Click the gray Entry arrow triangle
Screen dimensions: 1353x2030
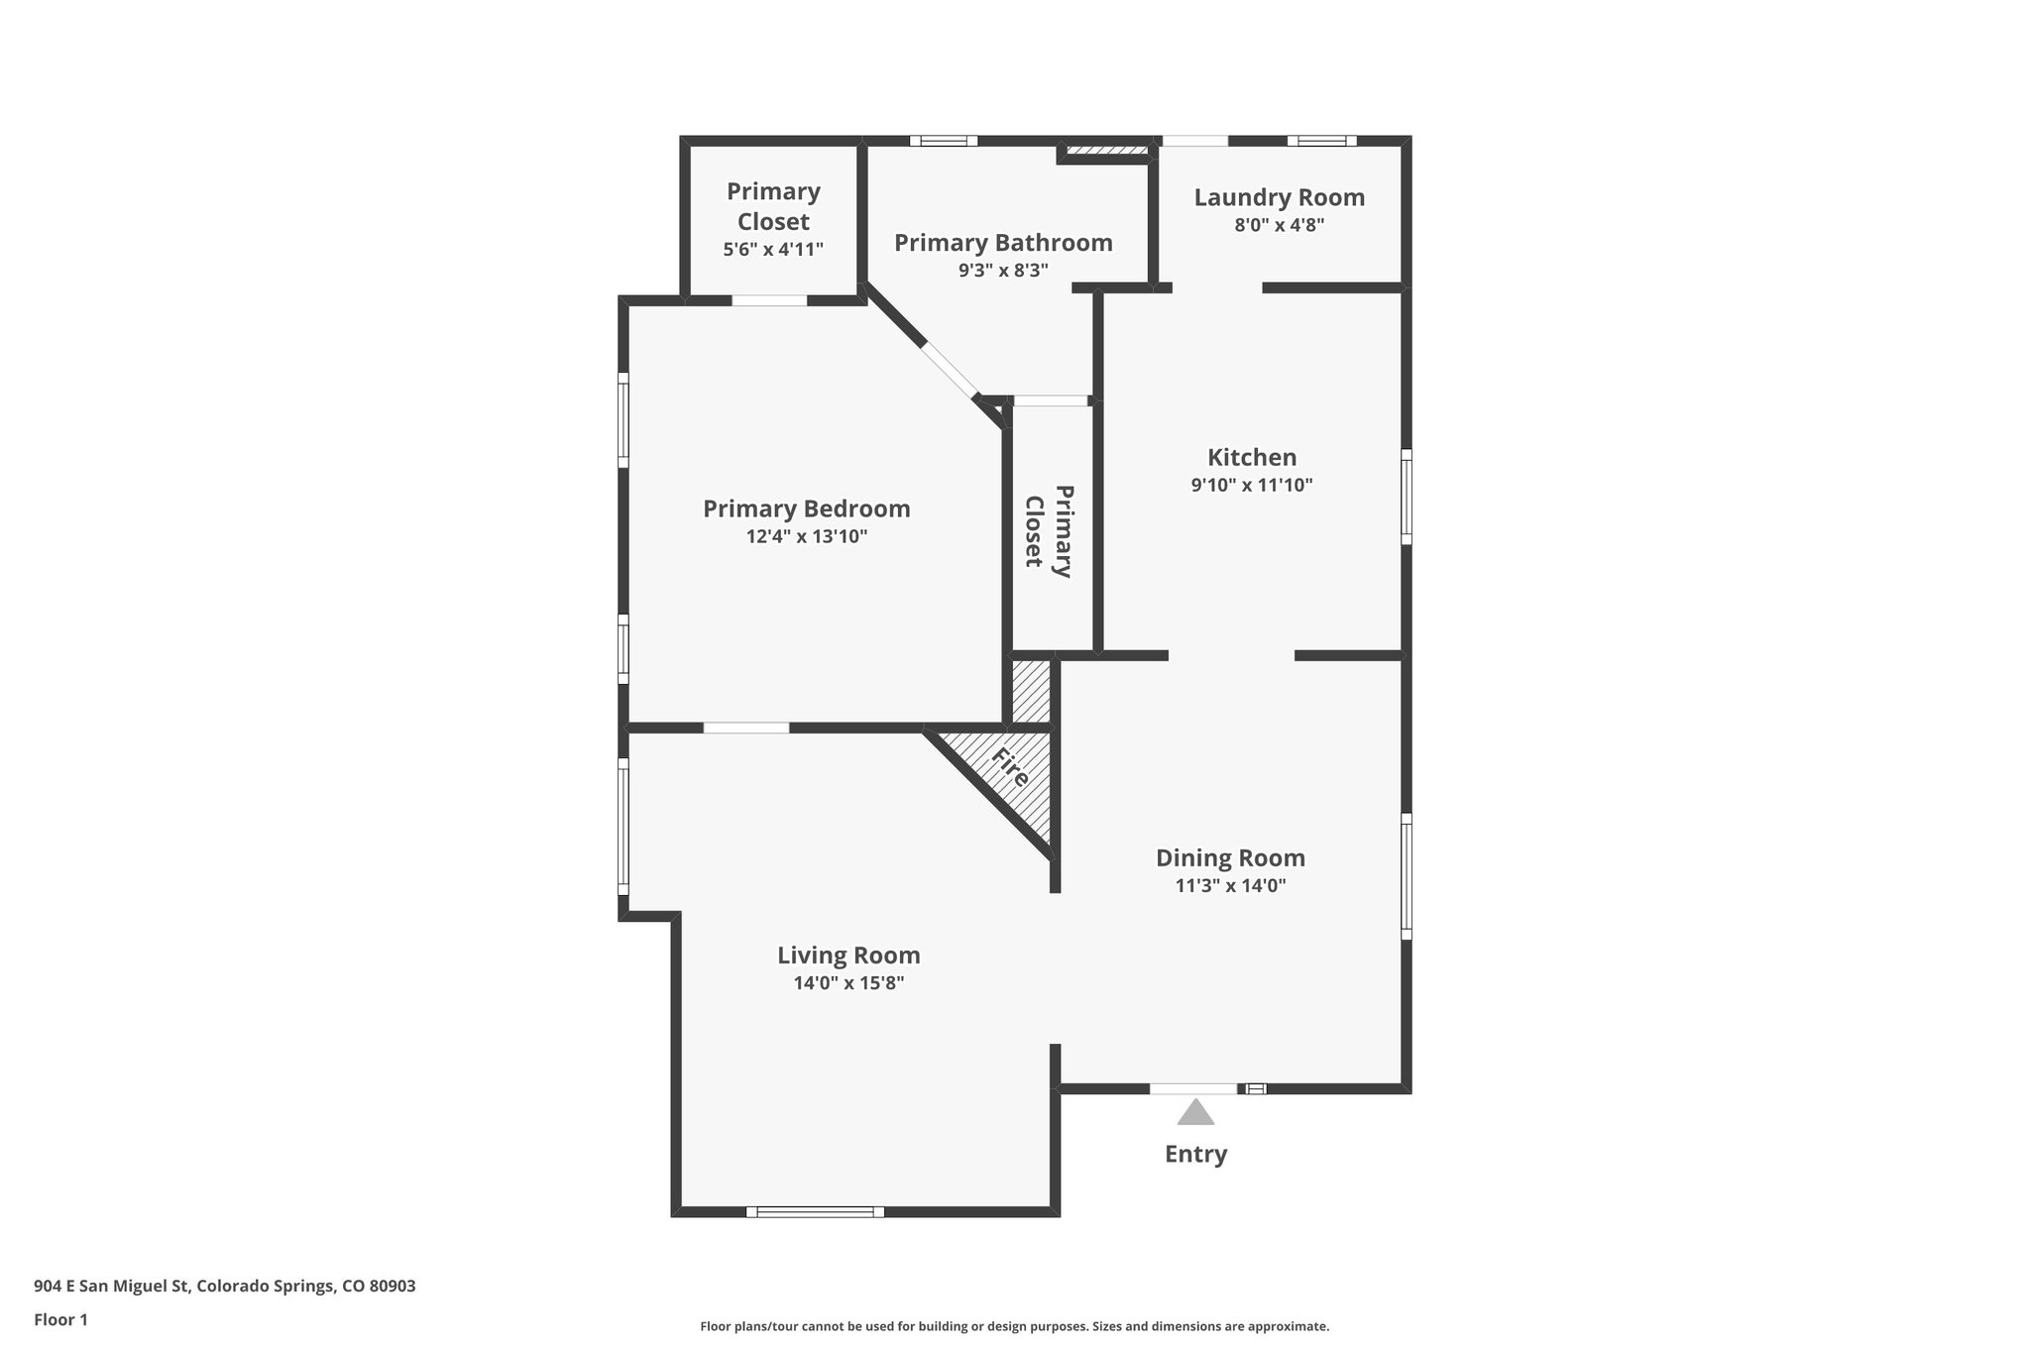pos(1195,1113)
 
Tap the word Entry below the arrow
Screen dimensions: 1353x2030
pos(1195,1154)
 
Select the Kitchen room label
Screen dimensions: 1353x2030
pos(1252,457)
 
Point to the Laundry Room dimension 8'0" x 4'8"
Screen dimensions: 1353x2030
pos(1279,225)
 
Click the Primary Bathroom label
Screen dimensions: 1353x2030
pos(1003,243)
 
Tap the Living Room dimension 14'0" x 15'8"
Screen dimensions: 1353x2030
pos(848,983)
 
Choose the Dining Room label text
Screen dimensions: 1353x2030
pos(1230,857)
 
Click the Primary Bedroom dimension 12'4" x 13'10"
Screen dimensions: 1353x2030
pos(807,536)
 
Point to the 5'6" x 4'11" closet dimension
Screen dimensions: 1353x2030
pos(773,249)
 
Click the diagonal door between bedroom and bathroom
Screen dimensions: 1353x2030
pos(950,370)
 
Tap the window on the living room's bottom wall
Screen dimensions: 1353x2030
pos(815,1211)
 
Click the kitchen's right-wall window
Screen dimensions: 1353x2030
pos(1406,497)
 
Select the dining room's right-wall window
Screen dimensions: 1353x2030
pos(1406,876)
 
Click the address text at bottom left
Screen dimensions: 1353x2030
pos(225,1287)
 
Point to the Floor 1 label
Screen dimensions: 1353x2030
pos(60,1319)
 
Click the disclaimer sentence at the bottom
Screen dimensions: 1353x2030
pos(1014,1326)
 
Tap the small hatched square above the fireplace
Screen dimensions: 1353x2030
pos(1031,691)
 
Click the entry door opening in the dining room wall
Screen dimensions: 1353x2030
pos(1193,1088)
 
